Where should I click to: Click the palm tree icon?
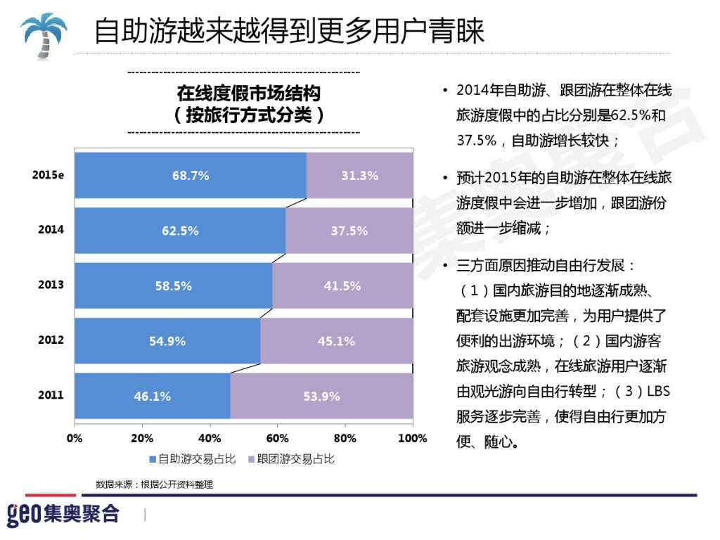click(x=43, y=31)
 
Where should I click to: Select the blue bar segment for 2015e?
click(x=191, y=175)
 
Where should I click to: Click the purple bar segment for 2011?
click(x=321, y=396)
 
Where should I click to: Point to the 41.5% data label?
click(x=342, y=285)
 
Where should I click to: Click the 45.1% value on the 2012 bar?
click(x=336, y=341)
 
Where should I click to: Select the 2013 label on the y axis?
click(x=51, y=285)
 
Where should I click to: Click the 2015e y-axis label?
click(x=48, y=175)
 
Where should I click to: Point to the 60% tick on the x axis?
click(x=278, y=438)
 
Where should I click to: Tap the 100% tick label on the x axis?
click(x=412, y=438)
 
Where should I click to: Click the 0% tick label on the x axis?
click(x=75, y=438)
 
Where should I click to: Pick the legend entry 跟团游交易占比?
click(x=291, y=459)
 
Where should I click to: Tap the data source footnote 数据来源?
click(x=154, y=484)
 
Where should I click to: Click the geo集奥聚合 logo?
click(x=63, y=513)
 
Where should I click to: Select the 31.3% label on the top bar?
click(x=359, y=176)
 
